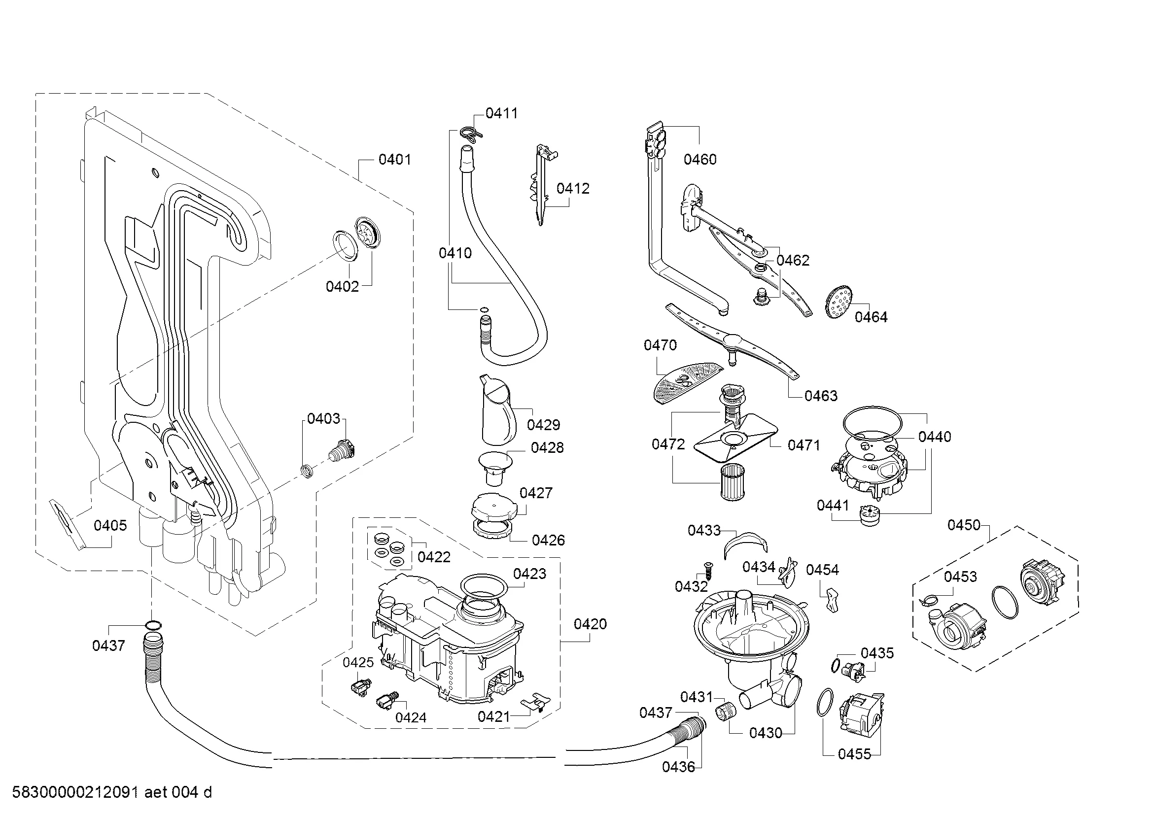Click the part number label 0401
tap(395, 160)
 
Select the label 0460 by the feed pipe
tap(700, 160)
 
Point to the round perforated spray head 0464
tap(839, 301)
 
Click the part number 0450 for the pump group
tap(964, 525)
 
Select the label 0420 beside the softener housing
tap(590, 624)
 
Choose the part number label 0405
tap(110, 525)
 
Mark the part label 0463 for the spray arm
tap(821, 396)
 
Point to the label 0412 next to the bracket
tap(572, 189)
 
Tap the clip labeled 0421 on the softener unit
tap(536, 702)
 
